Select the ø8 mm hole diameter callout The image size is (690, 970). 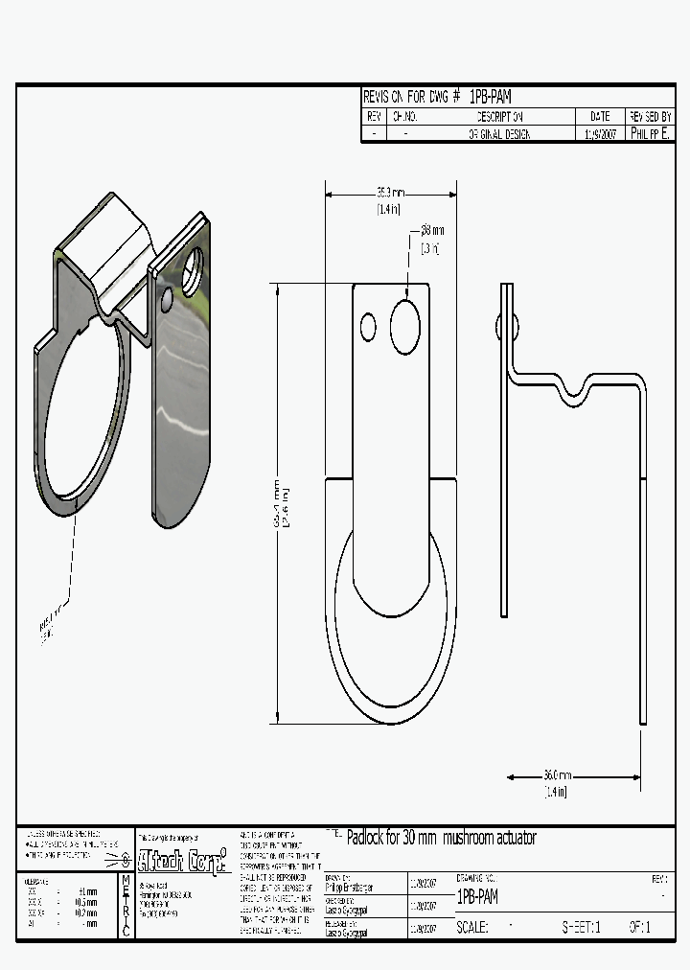[x=431, y=231]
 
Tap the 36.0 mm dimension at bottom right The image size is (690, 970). [x=557, y=774]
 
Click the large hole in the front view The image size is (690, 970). [x=405, y=327]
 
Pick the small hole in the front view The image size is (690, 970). [x=368, y=327]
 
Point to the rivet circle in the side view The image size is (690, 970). [x=508, y=327]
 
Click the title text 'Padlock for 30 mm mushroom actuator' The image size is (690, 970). [x=441, y=838]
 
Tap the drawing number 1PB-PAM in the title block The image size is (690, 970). [x=477, y=897]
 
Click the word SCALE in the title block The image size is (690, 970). [x=473, y=928]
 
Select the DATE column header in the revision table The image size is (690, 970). [x=600, y=116]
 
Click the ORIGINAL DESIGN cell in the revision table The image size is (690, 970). [x=498, y=135]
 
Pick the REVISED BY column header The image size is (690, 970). [x=651, y=116]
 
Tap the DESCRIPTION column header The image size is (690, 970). [x=498, y=116]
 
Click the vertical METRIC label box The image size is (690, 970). [x=126, y=905]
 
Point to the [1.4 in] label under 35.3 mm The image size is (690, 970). [x=388, y=208]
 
